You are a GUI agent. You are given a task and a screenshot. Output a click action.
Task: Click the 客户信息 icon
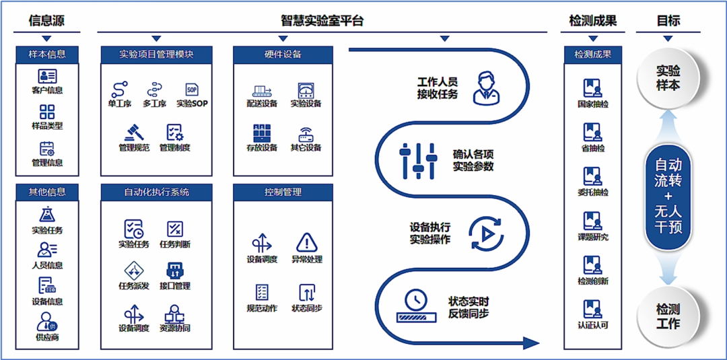47,75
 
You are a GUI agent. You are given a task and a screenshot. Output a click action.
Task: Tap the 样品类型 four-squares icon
47,112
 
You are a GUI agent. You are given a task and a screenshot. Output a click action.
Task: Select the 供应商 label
47,337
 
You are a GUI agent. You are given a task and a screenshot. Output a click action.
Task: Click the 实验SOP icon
192,89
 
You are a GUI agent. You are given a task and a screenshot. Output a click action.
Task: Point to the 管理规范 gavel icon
133,132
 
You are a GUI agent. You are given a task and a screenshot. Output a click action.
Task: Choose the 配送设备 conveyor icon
262,90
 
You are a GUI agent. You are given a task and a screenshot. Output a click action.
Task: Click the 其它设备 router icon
306,133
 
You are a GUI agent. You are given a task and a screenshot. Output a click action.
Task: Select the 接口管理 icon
174,271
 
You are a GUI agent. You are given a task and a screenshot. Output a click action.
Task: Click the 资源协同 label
174,328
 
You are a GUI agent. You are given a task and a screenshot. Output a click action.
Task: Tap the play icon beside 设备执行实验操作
485,233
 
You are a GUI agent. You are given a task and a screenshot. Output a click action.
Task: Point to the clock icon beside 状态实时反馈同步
417,301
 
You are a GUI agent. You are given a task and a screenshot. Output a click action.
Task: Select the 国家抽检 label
592,105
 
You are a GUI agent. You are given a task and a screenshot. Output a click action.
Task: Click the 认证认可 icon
592,309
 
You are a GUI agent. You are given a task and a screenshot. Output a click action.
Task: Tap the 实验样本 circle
668,78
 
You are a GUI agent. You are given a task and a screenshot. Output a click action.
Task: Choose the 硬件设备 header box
283,55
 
